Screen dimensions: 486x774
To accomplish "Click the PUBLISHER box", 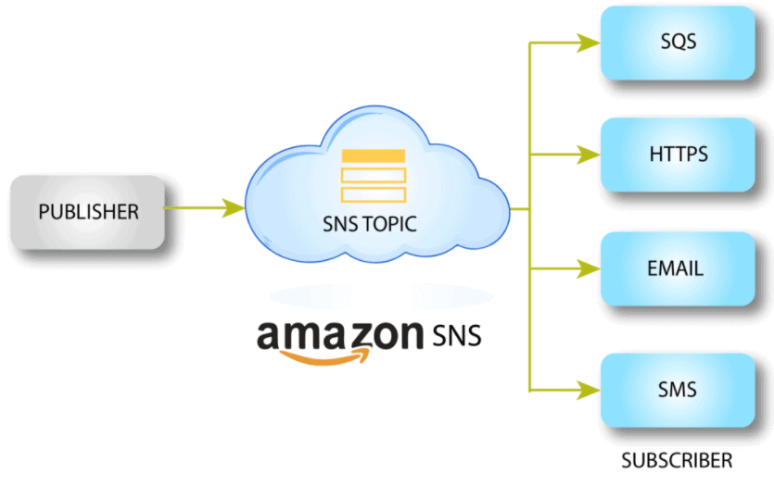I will (x=88, y=213).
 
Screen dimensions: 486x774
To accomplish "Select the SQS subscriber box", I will (x=678, y=43).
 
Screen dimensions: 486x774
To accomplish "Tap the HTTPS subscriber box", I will (x=678, y=154).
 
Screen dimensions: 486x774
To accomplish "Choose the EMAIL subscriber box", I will (x=678, y=269).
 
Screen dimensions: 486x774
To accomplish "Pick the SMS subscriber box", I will (x=678, y=389).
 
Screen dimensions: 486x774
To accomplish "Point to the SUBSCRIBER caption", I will (x=676, y=460).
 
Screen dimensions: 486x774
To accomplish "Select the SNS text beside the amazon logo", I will (x=457, y=334).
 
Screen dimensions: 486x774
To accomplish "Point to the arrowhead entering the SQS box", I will (x=588, y=42).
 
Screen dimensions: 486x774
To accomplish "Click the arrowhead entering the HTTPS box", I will (x=588, y=153).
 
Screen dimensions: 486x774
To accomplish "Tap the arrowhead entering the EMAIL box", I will (x=588, y=268).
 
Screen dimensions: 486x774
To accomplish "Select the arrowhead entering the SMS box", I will (x=588, y=387).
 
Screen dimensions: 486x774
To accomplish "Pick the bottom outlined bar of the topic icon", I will (x=373, y=194).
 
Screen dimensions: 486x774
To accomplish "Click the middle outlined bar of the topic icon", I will (x=373, y=176).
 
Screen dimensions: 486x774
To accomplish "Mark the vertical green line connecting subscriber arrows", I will (x=528, y=213).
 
